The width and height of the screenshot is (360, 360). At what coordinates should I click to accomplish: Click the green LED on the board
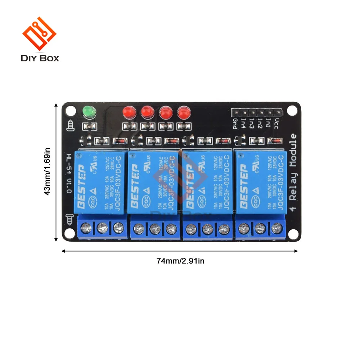[88, 112]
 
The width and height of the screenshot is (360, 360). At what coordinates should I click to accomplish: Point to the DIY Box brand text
[40, 58]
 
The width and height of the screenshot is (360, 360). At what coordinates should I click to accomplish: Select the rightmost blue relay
[260, 182]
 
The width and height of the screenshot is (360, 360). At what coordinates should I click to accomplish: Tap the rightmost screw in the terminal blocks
[276, 228]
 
